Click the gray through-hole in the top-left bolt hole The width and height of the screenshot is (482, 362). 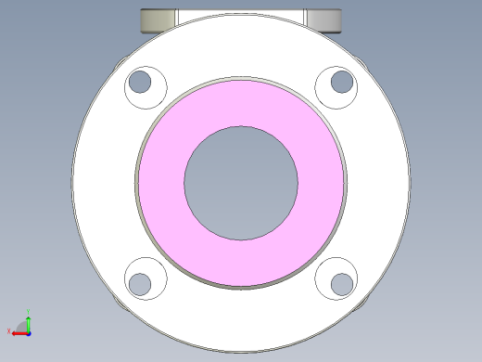pyautogui.click(x=140, y=82)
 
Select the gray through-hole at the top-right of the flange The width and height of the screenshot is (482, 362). pyautogui.click(x=342, y=82)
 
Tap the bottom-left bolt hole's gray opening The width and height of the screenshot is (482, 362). pyautogui.click(x=140, y=283)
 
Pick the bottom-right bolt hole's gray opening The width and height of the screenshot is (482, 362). pyautogui.click(x=342, y=283)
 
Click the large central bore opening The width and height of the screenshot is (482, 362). pyautogui.click(x=241, y=182)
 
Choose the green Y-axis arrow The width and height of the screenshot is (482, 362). pyautogui.click(x=28, y=319)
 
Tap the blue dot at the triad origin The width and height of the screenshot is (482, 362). pyautogui.click(x=28, y=331)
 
